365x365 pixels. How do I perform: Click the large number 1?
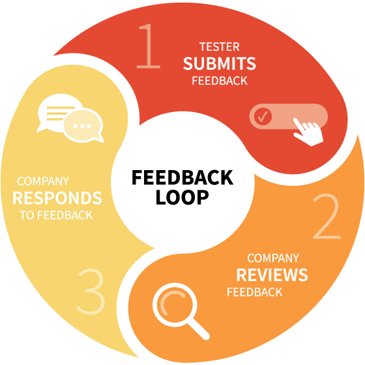[x=149, y=46]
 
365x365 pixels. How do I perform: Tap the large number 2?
[x=327, y=216]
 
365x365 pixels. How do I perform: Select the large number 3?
[x=91, y=291]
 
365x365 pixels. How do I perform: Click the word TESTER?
[x=219, y=47]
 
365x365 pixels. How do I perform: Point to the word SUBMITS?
[x=219, y=63]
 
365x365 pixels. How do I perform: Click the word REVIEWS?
[x=272, y=275]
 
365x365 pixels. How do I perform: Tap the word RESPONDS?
[x=57, y=198]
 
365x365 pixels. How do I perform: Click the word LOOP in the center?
[x=182, y=197]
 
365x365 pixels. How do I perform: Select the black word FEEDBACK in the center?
[x=182, y=177]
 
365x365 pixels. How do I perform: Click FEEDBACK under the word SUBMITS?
[x=220, y=81]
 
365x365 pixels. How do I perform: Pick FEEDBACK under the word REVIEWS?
[x=254, y=292]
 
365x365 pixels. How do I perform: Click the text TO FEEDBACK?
[x=56, y=215]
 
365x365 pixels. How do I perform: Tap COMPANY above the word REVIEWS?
[x=273, y=258]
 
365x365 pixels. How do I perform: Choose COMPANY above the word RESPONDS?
[x=43, y=181]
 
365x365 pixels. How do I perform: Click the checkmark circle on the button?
[x=263, y=117]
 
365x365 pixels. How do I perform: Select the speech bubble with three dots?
[x=83, y=126]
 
